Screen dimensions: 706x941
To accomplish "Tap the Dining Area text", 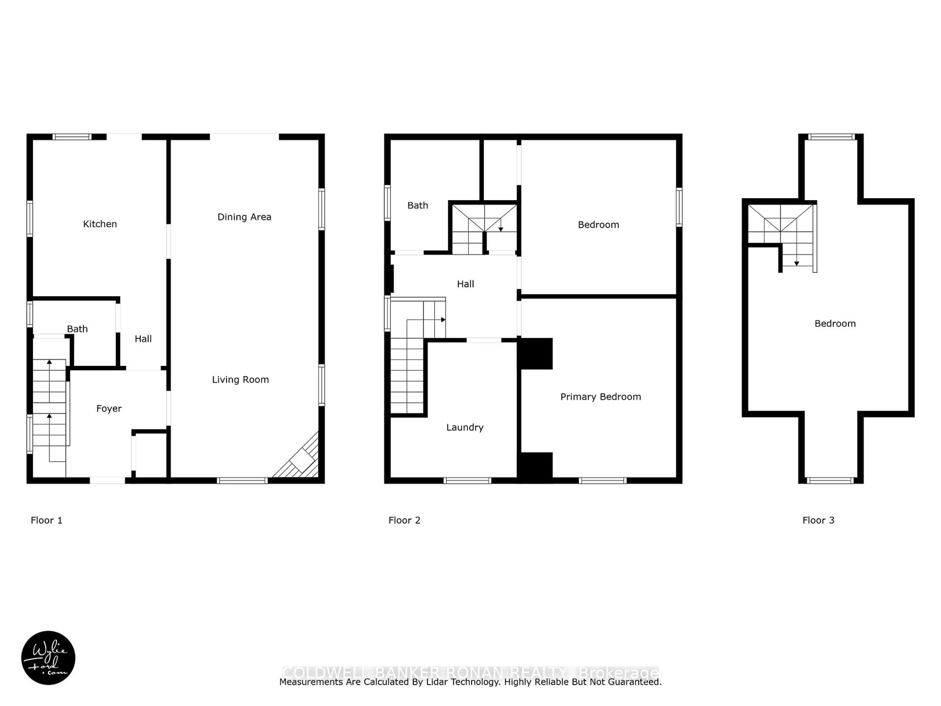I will (x=244, y=217).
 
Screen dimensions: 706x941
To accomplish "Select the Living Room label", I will (x=240, y=379).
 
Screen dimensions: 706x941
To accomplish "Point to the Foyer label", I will (x=109, y=409).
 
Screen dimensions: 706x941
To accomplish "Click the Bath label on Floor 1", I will (x=77, y=329).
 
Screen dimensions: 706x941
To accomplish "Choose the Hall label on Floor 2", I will (x=465, y=284).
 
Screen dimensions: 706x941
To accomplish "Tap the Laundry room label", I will (x=465, y=427).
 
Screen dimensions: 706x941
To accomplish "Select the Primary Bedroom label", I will (x=600, y=397).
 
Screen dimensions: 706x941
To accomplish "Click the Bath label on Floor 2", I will (x=418, y=205).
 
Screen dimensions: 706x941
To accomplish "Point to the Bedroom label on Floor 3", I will (x=835, y=323).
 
